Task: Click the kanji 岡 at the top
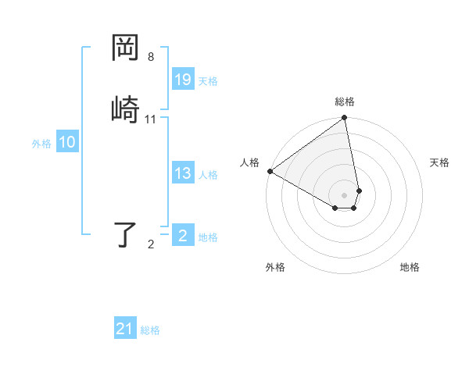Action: (x=126, y=49)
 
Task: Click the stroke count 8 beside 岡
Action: (x=151, y=57)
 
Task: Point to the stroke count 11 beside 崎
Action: (x=151, y=119)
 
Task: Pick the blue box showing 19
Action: (x=183, y=80)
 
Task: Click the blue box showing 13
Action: (x=183, y=173)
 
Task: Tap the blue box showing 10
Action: (x=67, y=142)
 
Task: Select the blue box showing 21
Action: (x=125, y=329)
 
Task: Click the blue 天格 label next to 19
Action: (x=208, y=81)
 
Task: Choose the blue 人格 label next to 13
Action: (x=208, y=175)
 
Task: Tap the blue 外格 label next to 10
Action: (x=41, y=144)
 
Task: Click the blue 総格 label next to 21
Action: (x=150, y=330)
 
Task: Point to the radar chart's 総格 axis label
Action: (x=345, y=102)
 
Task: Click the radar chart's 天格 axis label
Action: (x=439, y=162)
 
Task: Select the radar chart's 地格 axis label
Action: (x=410, y=267)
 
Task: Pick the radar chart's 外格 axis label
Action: (x=275, y=267)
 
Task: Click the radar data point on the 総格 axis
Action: (x=345, y=118)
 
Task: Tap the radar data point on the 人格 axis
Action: (x=270, y=171)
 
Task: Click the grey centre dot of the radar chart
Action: (x=345, y=194)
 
